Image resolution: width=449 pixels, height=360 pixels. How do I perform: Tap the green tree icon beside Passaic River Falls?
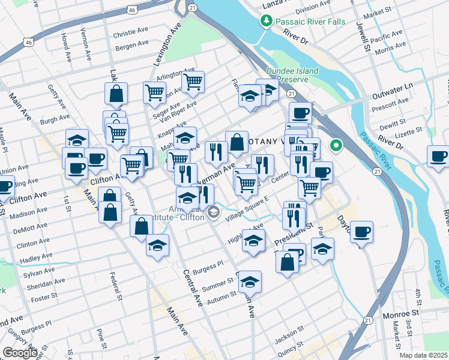pyautogui.click(x=266, y=22)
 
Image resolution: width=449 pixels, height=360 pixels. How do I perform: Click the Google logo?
pyautogui.click(x=20, y=353)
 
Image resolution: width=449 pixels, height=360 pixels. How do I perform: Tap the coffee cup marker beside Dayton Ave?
pyautogui.click(x=361, y=232)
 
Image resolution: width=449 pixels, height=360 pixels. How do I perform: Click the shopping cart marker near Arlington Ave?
pyautogui.click(x=193, y=82)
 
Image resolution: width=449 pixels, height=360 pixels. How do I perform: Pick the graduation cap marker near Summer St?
pyautogui.click(x=250, y=281)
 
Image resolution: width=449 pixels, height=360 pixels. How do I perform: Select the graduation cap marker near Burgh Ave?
pyautogui.click(x=77, y=140)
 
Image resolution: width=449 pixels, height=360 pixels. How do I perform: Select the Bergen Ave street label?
pyautogui.click(x=132, y=44)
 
